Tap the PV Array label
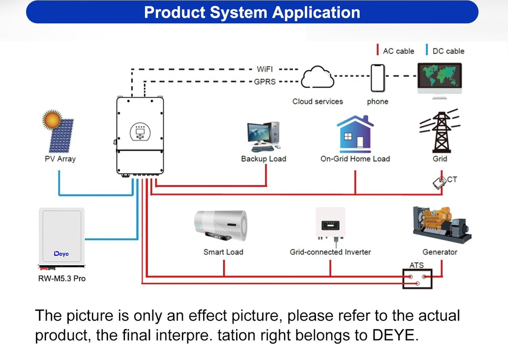tap(60, 159)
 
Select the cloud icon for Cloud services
tap(317, 77)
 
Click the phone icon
tap(377, 78)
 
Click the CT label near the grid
tap(452, 179)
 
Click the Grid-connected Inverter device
tap(330, 223)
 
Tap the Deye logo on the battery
tap(61, 254)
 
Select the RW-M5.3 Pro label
tap(62, 278)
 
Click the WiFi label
tap(265, 69)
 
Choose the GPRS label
tap(265, 82)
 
